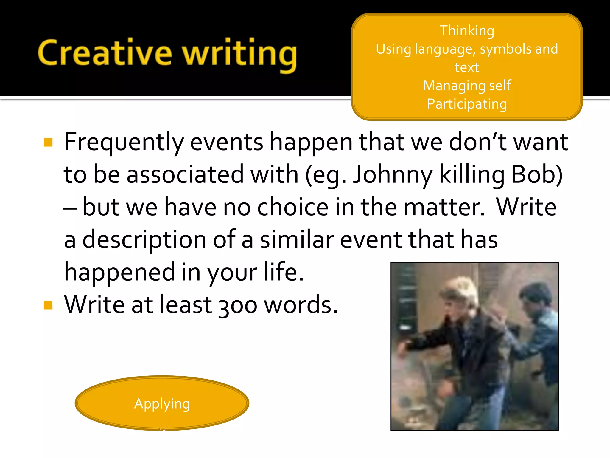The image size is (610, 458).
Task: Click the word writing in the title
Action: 240,55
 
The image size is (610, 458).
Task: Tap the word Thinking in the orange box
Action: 467,31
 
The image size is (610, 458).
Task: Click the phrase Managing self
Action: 467,86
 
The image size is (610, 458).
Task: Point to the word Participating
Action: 467,104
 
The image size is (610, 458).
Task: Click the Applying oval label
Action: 162,404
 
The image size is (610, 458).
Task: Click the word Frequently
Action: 124,143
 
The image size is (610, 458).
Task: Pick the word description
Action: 144,240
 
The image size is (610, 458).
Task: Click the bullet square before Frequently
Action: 48,143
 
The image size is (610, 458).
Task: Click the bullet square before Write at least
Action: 48,305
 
